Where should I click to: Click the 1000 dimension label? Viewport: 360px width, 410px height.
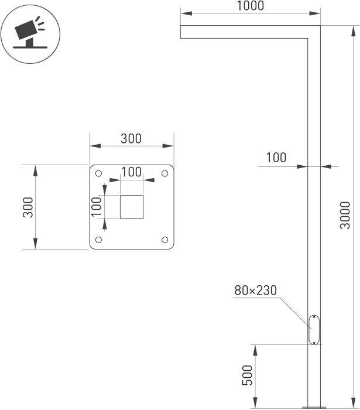(251, 6)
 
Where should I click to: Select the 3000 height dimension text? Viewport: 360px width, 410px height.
(345, 215)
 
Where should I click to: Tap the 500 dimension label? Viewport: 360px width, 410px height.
(248, 375)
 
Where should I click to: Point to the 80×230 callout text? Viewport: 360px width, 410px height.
(255, 291)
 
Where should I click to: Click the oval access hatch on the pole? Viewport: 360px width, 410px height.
(314, 330)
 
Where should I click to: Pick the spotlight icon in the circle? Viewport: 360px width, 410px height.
(30, 33)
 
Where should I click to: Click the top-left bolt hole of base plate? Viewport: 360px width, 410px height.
(99, 173)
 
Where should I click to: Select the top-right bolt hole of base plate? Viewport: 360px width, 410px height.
(165, 173)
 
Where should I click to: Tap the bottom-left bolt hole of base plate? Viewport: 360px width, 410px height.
(99, 240)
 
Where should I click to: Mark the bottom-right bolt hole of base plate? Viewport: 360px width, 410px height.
(165, 240)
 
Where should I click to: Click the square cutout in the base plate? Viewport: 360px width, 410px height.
(132, 207)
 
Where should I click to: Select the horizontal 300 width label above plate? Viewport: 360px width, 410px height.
(131, 139)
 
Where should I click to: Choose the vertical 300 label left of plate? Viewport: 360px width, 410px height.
(28, 207)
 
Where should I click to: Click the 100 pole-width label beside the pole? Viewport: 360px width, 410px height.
(276, 158)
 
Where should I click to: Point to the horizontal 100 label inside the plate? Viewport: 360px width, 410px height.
(132, 172)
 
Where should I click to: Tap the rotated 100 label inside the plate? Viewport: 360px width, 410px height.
(96, 207)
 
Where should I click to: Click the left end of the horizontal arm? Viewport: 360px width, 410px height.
(180, 32)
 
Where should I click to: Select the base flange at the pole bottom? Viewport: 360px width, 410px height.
(314, 408)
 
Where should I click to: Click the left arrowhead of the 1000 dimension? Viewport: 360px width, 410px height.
(186, 13)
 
